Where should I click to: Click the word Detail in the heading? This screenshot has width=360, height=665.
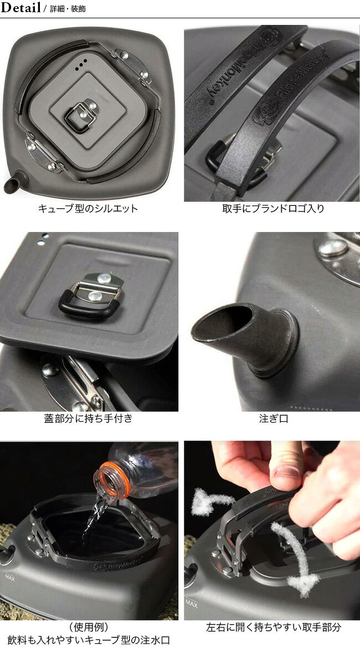pyautogui.click(x=20, y=8)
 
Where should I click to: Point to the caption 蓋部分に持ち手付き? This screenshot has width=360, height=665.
pyautogui.click(x=88, y=418)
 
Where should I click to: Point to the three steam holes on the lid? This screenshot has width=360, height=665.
pyautogui.click(x=81, y=65)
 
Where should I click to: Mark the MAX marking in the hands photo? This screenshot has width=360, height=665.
pyautogui.click(x=192, y=603)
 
